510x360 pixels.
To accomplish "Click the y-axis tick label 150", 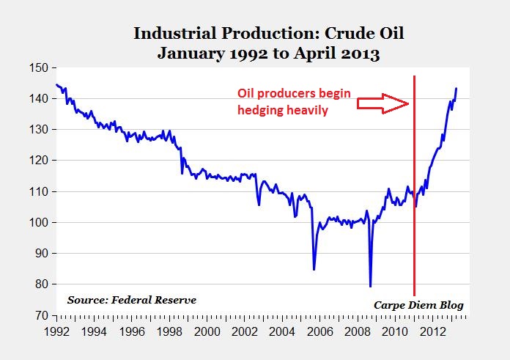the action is click(38, 68).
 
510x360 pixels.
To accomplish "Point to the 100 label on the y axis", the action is click(38, 223).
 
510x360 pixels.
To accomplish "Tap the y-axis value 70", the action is click(42, 315).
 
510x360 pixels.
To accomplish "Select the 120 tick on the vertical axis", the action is click(38, 161).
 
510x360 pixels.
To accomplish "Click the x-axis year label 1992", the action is click(56, 331).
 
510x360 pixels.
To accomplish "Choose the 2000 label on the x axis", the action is click(207, 331).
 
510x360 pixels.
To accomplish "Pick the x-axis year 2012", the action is click(433, 331).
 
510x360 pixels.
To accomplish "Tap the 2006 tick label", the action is click(320, 331).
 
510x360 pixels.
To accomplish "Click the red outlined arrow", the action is click(382, 104).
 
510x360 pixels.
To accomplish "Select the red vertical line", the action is click(415, 185).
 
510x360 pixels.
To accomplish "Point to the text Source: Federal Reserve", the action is click(132, 300).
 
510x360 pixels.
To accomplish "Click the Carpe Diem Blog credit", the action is click(418, 305).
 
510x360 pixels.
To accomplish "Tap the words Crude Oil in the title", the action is click(364, 33).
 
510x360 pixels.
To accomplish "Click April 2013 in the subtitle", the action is click(336, 53).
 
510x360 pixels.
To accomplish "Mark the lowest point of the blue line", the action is click(371, 287).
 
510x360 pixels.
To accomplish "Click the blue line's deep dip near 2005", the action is click(314, 270).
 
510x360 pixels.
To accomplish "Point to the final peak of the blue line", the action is click(457, 88).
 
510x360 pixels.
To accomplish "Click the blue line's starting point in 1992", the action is click(56, 84).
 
